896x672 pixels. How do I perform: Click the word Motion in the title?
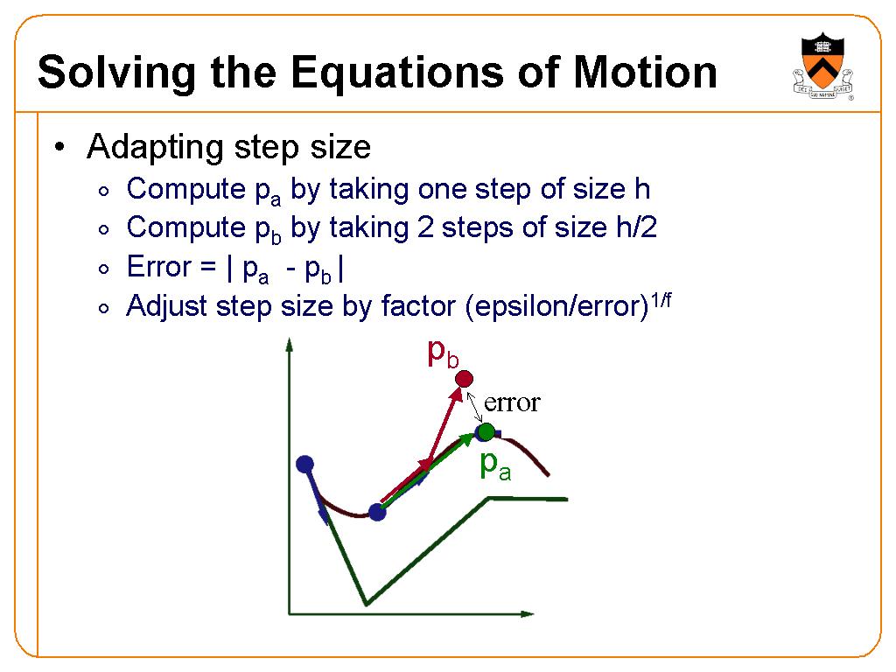click(645, 73)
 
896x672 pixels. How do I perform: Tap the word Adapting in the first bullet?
click(155, 147)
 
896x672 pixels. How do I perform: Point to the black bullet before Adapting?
click(59, 147)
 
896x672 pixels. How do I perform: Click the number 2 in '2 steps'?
click(425, 227)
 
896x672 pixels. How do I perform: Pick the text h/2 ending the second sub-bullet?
click(636, 227)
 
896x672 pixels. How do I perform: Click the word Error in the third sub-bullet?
click(159, 266)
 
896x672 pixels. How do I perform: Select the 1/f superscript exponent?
click(661, 299)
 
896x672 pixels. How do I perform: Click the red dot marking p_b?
click(464, 379)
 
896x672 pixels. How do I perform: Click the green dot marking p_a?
click(486, 431)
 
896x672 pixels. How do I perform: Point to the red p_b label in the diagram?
click(443, 353)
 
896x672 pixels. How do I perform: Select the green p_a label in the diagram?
click(495, 465)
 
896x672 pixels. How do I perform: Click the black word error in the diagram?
click(511, 402)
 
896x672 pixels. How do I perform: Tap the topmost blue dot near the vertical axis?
click(305, 464)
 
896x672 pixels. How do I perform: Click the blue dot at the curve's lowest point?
click(377, 512)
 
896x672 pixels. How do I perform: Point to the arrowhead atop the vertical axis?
click(290, 345)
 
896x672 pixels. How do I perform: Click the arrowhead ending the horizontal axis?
click(527, 613)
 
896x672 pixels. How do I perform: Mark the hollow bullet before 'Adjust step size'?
click(103, 309)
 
